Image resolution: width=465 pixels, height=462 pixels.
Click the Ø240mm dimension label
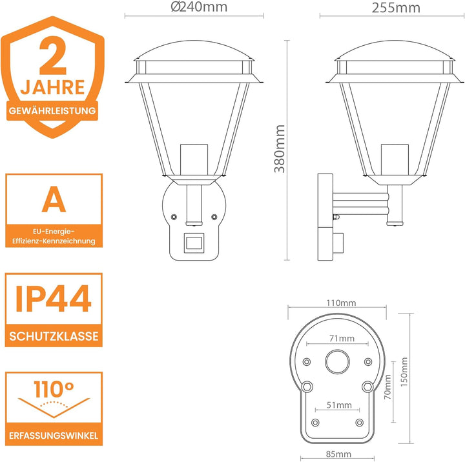[x=199, y=7]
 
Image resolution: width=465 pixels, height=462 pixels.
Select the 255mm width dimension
[x=396, y=8]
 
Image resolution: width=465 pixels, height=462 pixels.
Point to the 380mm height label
[x=280, y=149]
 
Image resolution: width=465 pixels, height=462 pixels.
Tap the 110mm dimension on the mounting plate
[x=341, y=303]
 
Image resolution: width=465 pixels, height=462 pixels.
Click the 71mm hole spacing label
[x=342, y=338]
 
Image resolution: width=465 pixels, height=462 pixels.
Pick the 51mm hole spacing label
[x=339, y=405]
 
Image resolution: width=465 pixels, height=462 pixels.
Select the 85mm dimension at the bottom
[x=338, y=454]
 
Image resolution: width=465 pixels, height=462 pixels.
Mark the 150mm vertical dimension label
[x=404, y=372]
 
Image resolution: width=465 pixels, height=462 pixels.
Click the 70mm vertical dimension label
[x=387, y=387]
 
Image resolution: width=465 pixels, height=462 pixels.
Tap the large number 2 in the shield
[x=53, y=55]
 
